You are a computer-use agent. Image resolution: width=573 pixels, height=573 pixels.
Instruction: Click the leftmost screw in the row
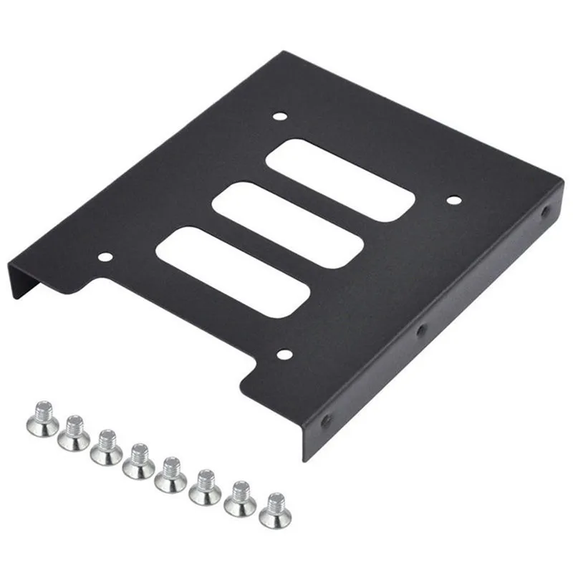click(41, 418)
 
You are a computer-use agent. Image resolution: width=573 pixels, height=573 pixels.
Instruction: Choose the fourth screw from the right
click(171, 475)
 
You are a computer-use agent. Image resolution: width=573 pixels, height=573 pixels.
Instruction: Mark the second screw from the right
click(240, 499)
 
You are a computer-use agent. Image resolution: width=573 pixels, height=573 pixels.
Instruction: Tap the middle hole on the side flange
click(421, 330)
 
